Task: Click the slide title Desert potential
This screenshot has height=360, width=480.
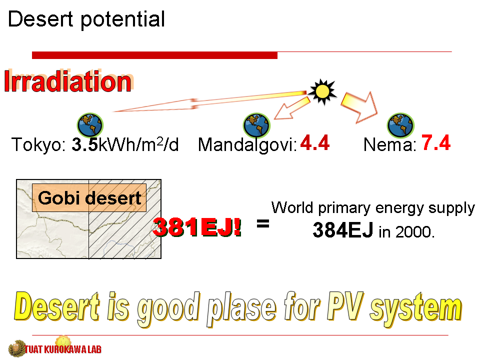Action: (86, 19)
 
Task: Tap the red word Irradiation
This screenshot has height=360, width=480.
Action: (68, 81)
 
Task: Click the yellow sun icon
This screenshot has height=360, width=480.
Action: (322, 91)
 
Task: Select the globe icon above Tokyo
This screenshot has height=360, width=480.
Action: (90, 125)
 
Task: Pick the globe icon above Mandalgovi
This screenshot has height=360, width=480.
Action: (256, 125)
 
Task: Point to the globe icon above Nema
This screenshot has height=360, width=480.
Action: (400, 125)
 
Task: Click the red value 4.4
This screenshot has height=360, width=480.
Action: (314, 142)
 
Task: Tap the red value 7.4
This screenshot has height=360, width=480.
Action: (436, 142)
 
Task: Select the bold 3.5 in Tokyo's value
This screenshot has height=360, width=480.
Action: (85, 144)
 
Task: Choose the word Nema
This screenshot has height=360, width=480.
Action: (389, 144)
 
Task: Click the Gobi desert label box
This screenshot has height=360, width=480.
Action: (89, 198)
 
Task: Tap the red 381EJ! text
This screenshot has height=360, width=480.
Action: (197, 227)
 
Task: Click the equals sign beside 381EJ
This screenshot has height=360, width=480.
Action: (263, 224)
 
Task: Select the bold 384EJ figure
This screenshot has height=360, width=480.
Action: (343, 230)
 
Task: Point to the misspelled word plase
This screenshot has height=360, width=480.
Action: (241, 308)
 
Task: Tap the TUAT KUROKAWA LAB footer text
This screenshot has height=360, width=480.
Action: (63, 349)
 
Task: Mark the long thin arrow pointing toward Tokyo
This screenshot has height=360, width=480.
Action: (209, 101)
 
